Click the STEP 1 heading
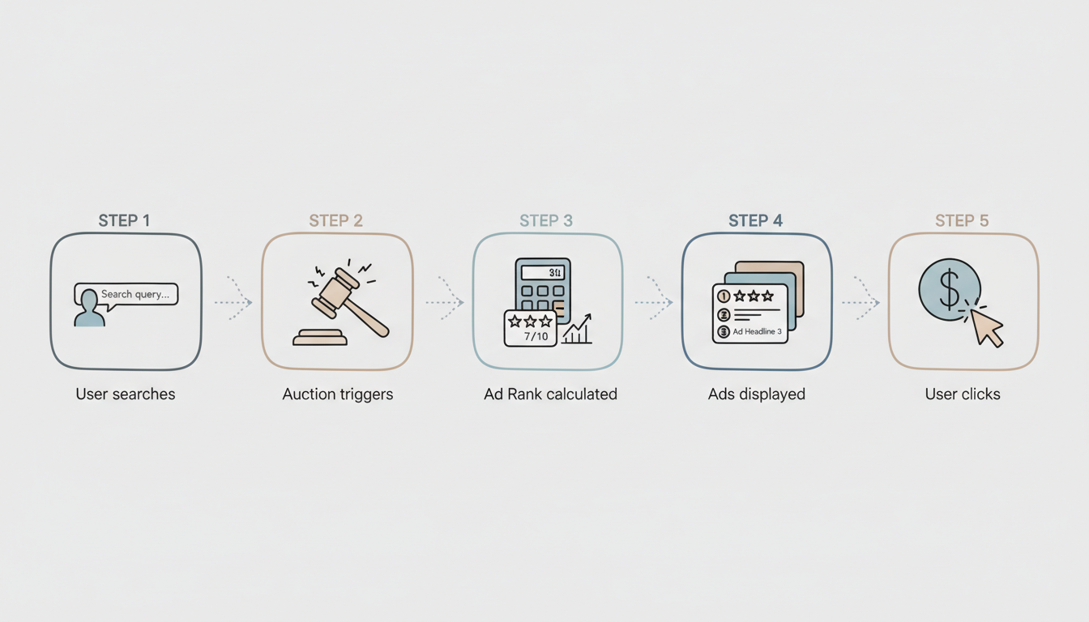click(x=124, y=220)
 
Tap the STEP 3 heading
click(x=546, y=220)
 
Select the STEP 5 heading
click(x=963, y=220)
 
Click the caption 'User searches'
click(x=126, y=394)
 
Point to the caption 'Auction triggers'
click(x=337, y=394)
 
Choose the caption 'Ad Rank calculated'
click(x=550, y=394)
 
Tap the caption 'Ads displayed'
click(x=757, y=394)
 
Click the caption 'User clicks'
click(x=963, y=394)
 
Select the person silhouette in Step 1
click(x=89, y=309)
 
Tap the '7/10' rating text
click(x=536, y=336)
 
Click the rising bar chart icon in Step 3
click(x=577, y=330)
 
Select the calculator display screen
click(x=543, y=272)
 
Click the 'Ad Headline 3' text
click(x=757, y=332)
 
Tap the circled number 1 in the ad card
click(x=724, y=297)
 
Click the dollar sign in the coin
click(x=949, y=289)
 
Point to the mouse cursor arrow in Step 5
click(x=987, y=327)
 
